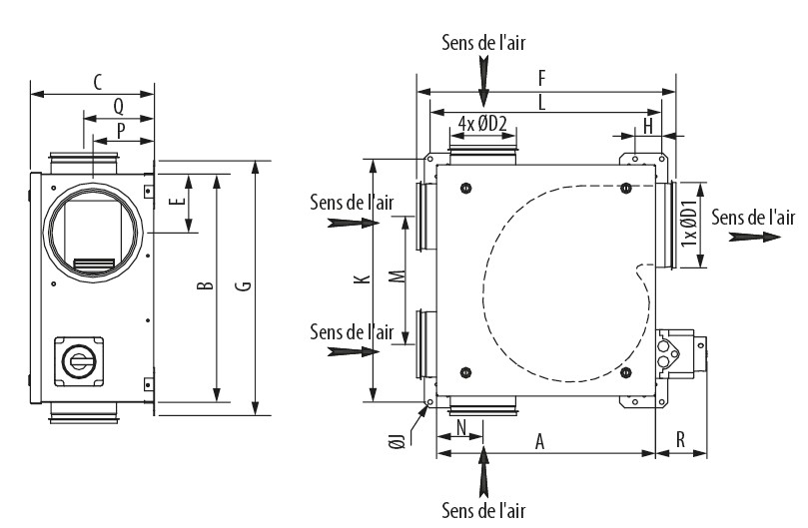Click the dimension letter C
click(97, 83)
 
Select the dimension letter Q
click(118, 105)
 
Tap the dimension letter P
click(121, 130)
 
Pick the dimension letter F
click(542, 77)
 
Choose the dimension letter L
click(540, 102)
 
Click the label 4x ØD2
click(483, 124)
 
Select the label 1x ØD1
click(688, 226)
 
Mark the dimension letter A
click(540, 442)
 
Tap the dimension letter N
click(460, 427)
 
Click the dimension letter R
click(680, 439)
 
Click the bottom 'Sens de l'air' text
click(484, 510)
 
